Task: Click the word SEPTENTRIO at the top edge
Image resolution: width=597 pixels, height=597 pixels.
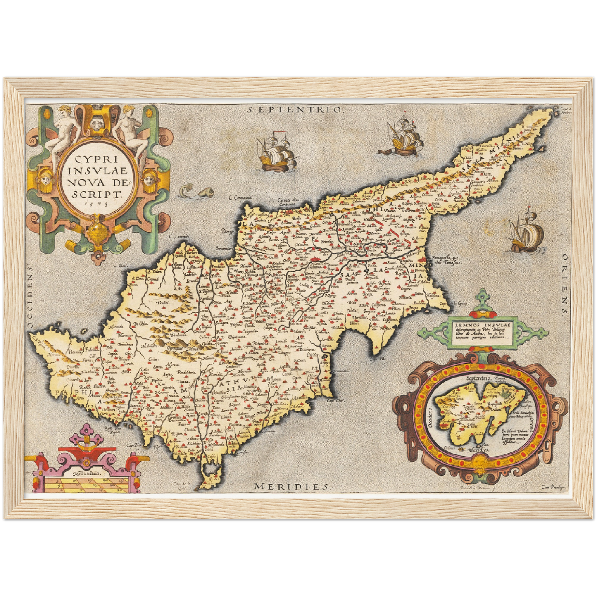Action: pyautogui.click(x=295, y=110)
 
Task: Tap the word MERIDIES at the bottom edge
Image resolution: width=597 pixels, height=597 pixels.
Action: pyautogui.click(x=291, y=486)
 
